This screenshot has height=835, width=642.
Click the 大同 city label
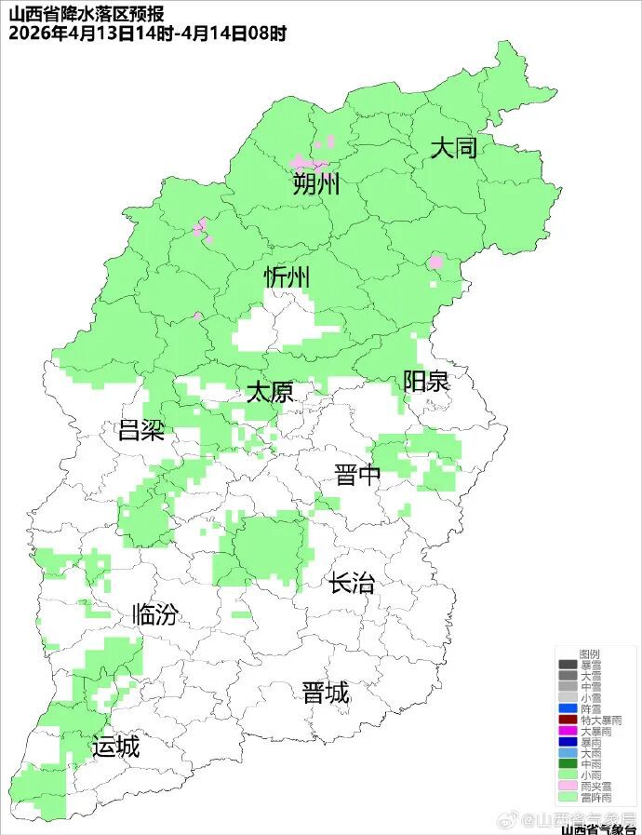pos(453,148)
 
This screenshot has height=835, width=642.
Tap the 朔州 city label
pos(316,183)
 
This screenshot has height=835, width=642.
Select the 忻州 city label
pos(288,277)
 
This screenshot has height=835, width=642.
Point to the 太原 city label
pos(270,392)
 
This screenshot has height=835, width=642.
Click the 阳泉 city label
pos(426,381)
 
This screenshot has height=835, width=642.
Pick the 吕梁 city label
pos(140,430)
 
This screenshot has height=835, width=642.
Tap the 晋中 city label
pos(358,476)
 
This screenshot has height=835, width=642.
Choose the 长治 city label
pos(352,584)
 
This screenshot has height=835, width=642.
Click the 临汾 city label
pos(154,614)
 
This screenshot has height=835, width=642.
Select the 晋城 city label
pos(326,693)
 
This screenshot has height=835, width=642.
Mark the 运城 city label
pos(115,747)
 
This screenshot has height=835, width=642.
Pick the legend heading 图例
pos(589,654)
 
